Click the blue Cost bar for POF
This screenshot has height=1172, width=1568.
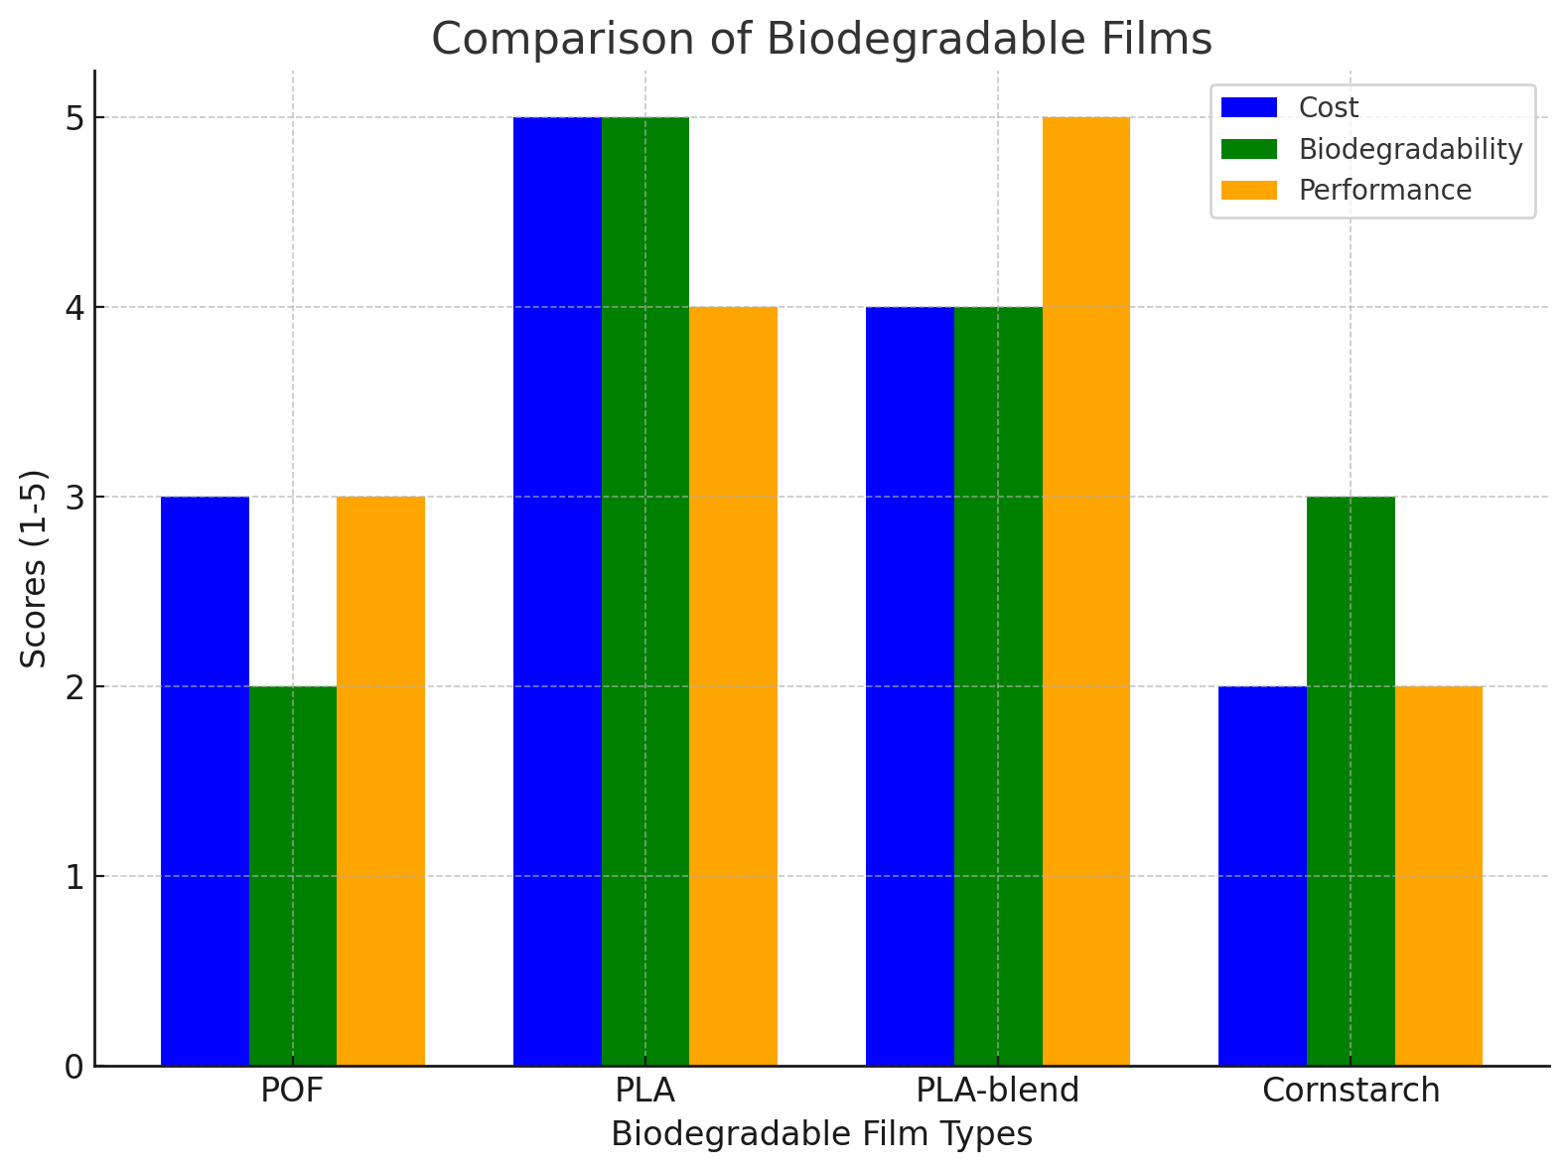205,781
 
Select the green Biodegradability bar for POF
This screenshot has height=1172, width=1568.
293,876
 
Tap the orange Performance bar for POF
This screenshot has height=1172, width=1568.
381,781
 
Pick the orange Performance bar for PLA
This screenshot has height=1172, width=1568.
733,686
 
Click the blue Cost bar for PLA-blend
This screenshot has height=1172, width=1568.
910,686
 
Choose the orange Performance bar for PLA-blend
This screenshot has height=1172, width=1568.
1086,591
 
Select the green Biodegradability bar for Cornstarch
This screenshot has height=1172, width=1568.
1351,781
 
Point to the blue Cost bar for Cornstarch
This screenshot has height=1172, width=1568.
1262,876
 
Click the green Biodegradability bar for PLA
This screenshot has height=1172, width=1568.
645,591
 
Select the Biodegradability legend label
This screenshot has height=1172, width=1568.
1410,149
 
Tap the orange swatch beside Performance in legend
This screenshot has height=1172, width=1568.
1249,191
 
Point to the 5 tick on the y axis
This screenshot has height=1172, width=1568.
75,118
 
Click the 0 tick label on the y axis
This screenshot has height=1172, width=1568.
75,1067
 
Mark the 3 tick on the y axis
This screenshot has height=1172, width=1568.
75,498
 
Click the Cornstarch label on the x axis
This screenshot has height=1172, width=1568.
1351,1091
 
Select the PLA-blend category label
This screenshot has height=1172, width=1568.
997,1091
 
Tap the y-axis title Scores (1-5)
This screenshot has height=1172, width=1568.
35,568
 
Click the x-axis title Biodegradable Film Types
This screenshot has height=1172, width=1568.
821,1134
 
